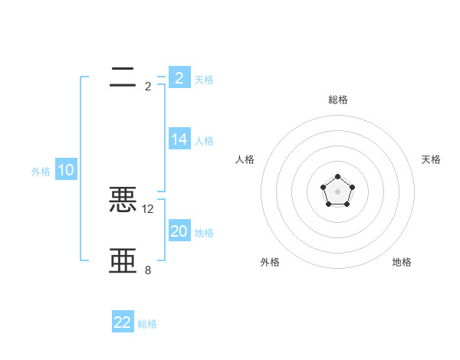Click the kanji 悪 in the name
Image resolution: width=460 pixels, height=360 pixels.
pyautogui.click(x=123, y=200)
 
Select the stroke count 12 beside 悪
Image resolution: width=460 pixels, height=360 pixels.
pyautogui.click(x=148, y=208)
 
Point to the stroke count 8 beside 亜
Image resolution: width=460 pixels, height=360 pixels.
pyautogui.click(x=148, y=270)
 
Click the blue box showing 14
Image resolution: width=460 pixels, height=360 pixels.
pyautogui.click(x=179, y=139)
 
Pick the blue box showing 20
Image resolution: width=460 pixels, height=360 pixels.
pyautogui.click(x=179, y=231)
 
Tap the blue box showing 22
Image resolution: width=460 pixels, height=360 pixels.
pyautogui.click(x=123, y=322)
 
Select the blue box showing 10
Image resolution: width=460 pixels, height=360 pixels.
pyautogui.click(x=66, y=170)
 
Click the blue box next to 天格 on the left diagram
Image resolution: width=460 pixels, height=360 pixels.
pyautogui.click(x=179, y=77)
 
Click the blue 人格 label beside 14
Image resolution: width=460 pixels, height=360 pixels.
pyautogui.click(x=204, y=141)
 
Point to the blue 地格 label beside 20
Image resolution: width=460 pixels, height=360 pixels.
pyautogui.click(x=204, y=233)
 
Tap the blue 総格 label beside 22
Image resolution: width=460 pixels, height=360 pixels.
pyautogui.click(x=147, y=324)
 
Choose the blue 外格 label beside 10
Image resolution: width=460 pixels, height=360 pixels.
pyautogui.click(x=41, y=172)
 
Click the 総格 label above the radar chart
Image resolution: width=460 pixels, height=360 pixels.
pyautogui.click(x=337, y=100)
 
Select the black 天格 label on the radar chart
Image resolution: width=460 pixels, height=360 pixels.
pyautogui.click(x=431, y=159)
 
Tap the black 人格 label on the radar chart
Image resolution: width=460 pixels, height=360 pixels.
pyautogui.click(x=245, y=159)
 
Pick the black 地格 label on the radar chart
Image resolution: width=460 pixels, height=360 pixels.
pyautogui.click(x=402, y=262)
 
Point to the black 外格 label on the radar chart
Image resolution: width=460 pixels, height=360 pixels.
pyautogui.click(x=270, y=262)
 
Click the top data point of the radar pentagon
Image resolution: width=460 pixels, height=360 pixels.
pyautogui.click(x=337, y=177)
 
